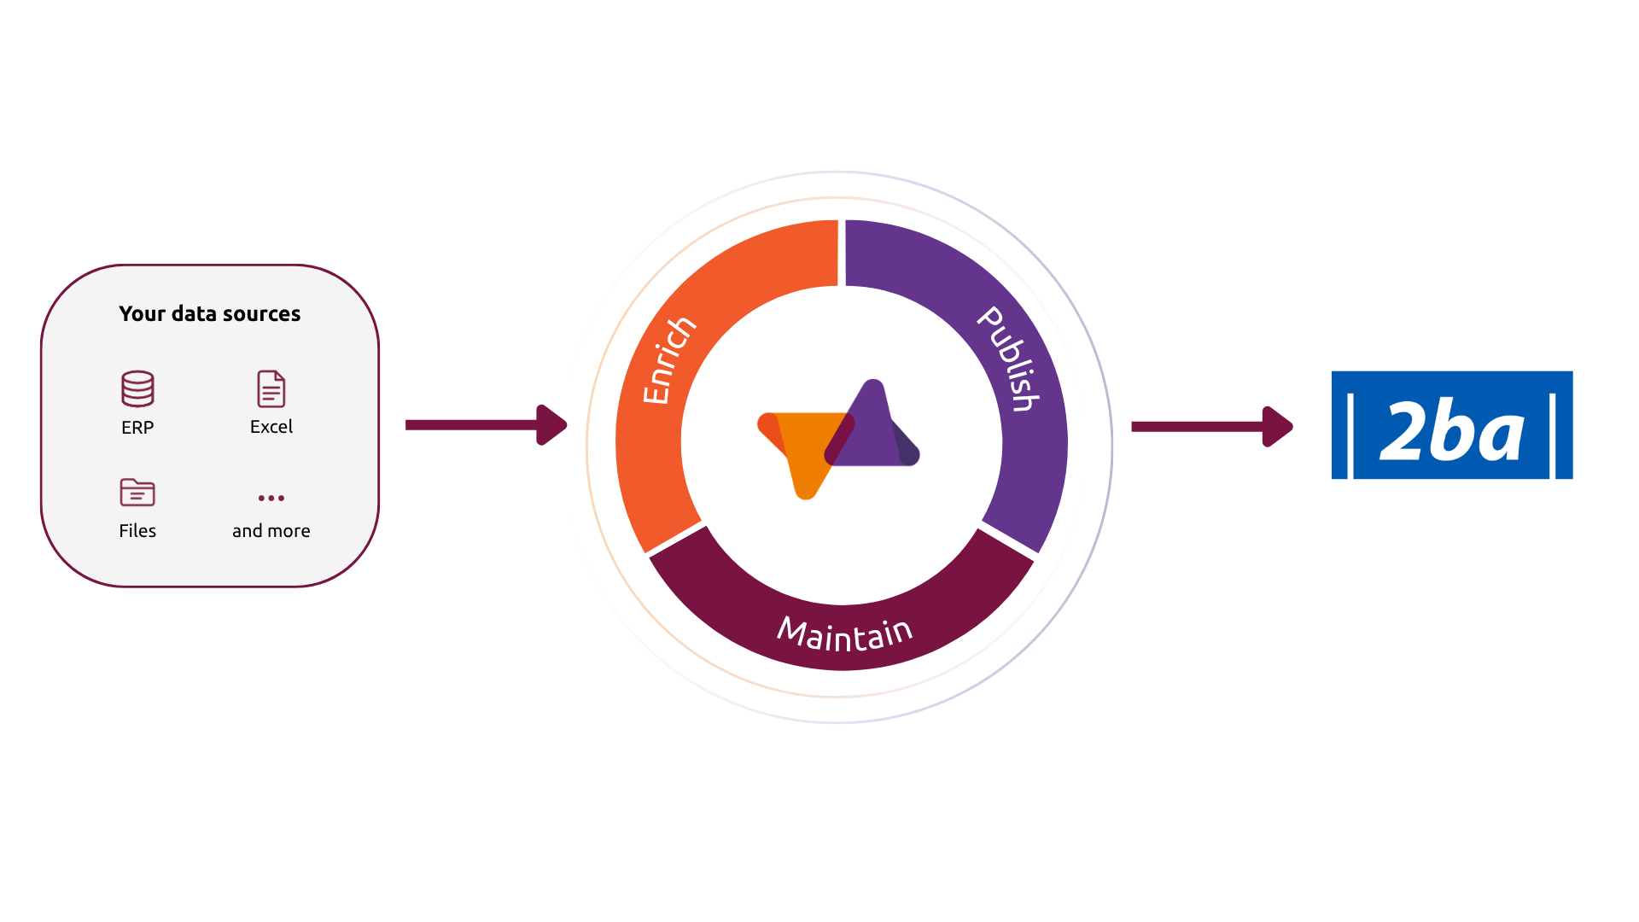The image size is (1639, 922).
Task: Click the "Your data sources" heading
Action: [210, 313]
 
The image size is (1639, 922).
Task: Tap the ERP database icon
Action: [137, 388]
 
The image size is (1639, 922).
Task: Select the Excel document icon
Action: [271, 388]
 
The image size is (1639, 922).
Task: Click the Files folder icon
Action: [137, 493]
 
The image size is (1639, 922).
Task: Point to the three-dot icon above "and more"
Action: [271, 498]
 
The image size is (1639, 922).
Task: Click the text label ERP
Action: [137, 427]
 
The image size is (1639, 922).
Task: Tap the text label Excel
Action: [271, 427]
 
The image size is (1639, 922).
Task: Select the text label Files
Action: [137, 531]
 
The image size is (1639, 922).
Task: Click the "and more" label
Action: [271, 531]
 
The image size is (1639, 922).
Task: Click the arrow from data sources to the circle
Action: [487, 425]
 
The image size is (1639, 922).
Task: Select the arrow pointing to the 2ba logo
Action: [1212, 427]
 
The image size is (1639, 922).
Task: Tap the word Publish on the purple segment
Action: [1010, 359]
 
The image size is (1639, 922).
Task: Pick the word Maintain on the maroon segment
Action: [845, 634]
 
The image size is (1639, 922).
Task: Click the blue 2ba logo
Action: [1452, 425]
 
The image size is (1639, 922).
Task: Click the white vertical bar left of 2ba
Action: [1350, 435]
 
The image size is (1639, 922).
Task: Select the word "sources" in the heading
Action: [262, 314]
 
